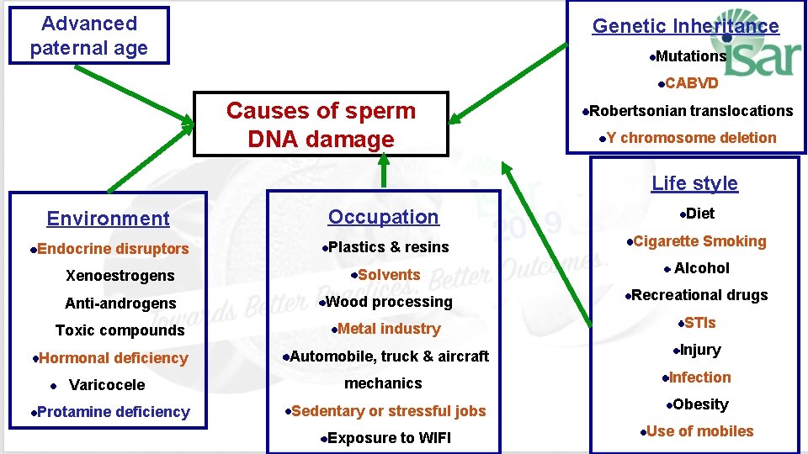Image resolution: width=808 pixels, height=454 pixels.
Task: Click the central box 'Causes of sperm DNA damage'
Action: (x=321, y=124)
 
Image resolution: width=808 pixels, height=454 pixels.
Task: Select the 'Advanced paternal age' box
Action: (x=88, y=35)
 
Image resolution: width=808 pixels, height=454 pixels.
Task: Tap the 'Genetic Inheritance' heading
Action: (x=685, y=26)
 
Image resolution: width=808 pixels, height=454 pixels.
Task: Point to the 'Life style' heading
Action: (x=694, y=183)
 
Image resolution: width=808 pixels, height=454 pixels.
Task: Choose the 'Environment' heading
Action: (x=108, y=219)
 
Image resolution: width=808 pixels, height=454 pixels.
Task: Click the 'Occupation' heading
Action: (x=383, y=217)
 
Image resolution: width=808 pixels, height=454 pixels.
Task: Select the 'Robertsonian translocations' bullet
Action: (x=690, y=111)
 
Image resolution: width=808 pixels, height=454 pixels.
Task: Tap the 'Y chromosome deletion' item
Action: (x=691, y=138)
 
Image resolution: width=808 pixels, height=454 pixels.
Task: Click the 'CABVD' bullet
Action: (x=691, y=83)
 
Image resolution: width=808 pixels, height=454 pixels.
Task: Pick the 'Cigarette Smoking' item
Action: (x=699, y=241)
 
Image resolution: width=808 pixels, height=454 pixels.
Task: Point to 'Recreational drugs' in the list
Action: (x=699, y=295)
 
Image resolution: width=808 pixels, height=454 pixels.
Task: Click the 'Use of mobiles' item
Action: (x=699, y=431)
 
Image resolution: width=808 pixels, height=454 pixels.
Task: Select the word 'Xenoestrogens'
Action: (x=120, y=276)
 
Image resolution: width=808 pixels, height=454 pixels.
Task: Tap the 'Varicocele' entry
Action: (x=106, y=385)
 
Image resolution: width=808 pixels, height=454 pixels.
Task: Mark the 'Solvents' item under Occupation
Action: (x=388, y=275)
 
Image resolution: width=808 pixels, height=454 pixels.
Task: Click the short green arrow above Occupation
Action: (x=384, y=172)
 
